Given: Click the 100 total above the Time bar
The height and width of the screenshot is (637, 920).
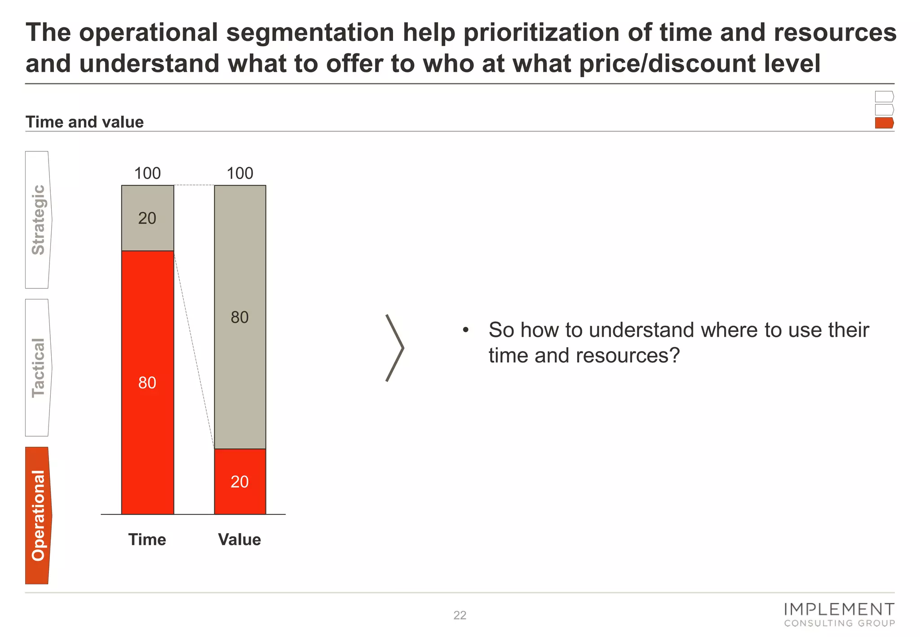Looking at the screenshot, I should pos(147,173).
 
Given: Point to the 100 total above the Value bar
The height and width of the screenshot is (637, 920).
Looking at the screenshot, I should pos(240,173).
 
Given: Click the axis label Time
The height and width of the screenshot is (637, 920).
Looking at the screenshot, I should pos(147,540).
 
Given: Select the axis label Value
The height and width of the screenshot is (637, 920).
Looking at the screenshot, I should pos(239,540).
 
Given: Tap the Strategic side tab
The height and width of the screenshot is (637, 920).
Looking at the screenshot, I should pos(38,220).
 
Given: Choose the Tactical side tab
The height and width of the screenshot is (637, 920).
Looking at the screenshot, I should pos(38,367).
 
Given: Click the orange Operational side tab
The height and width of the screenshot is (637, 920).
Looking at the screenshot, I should pos(38,515).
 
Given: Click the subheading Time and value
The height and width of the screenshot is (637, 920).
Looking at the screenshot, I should pos(84,122).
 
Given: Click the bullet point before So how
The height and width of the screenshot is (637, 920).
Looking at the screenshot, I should pos(466,331).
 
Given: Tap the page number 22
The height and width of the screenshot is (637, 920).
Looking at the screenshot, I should pos(460,615).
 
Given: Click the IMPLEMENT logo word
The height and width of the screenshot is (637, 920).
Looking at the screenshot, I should pos(839,610).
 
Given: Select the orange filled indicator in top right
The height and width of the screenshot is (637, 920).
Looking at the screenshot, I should pos(884,123).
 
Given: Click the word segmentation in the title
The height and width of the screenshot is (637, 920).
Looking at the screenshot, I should pos(310,33).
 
